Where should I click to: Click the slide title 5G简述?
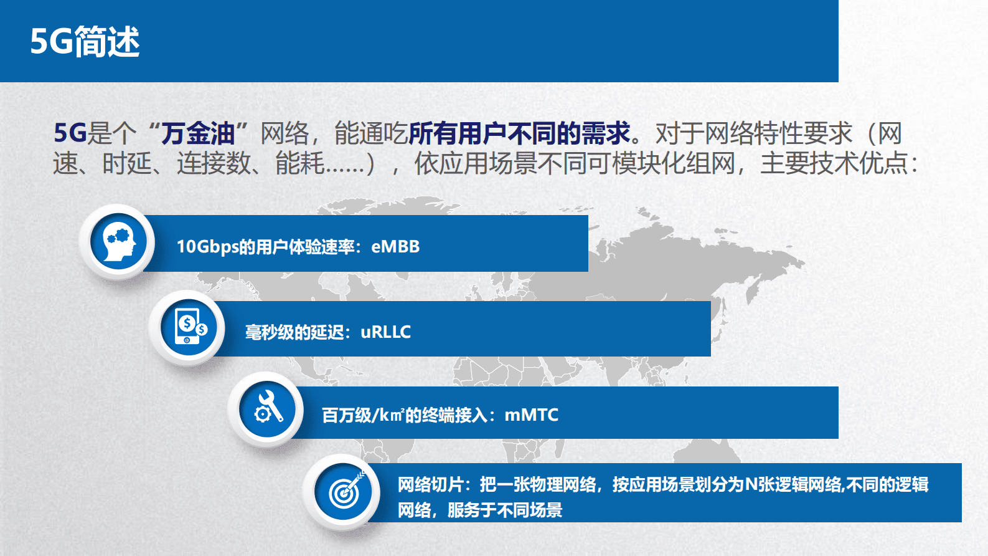click(85, 42)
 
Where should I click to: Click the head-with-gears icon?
click(118, 242)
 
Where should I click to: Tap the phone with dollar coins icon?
click(189, 327)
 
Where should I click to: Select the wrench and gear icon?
click(268, 409)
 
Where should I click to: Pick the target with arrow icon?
click(345, 491)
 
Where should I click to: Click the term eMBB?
click(395, 247)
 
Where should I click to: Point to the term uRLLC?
click(386, 332)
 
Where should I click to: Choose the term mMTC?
click(531, 415)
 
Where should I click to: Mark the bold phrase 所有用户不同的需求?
click(519, 133)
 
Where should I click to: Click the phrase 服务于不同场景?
click(505, 510)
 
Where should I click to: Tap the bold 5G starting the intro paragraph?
click(70, 133)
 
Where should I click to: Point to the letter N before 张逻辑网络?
click(751, 484)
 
